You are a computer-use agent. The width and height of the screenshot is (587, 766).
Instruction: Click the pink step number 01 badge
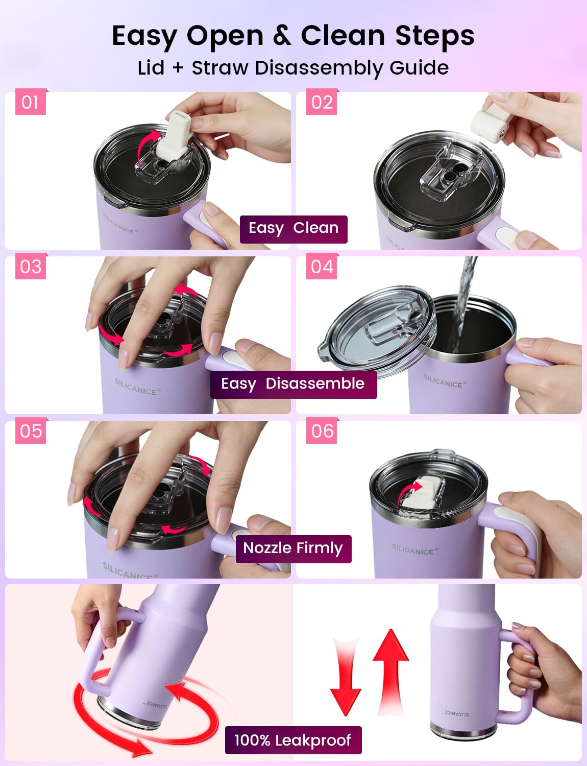[x=30, y=102]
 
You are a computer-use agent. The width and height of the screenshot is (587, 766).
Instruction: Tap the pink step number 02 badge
[x=322, y=102]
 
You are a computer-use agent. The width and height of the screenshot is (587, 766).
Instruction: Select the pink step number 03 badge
[x=30, y=266]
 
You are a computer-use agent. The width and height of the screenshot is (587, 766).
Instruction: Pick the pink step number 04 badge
[x=322, y=266]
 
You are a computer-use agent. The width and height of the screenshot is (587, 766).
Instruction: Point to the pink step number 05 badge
[x=30, y=430]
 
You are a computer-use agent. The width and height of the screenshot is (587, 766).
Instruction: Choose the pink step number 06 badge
[x=322, y=430]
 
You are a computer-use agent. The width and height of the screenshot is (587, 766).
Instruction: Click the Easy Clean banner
[x=293, y=229]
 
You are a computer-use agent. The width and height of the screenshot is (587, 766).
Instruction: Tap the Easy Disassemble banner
[x=293, y=384]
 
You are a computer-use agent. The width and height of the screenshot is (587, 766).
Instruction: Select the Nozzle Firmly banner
[x=293, y=549]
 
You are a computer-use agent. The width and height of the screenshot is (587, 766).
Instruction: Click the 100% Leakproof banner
[x=293, y=740]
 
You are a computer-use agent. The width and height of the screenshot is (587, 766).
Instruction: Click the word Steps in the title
[x=435, y=36]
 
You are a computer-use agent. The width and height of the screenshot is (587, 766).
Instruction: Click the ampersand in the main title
[x=282, y=35]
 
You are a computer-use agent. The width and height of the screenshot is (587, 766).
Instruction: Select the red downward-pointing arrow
[x=346, y=677]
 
